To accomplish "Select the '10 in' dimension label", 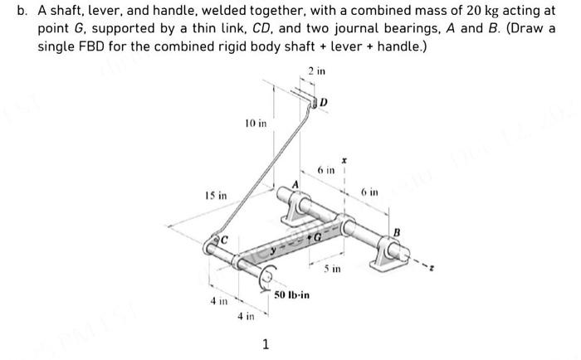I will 256,124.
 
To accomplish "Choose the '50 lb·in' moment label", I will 291,294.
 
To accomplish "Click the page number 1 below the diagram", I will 265,344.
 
